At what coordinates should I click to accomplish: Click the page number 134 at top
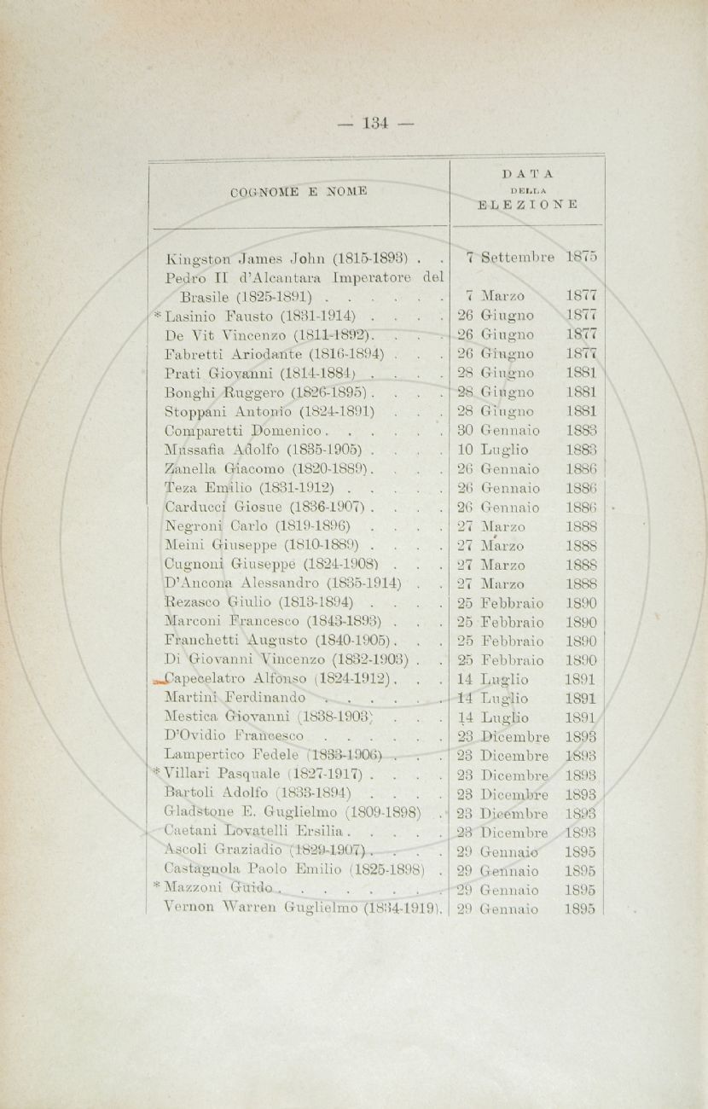click(375, 124)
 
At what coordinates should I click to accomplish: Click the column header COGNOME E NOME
click(299, 191)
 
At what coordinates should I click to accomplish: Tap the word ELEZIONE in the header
click(527, 205)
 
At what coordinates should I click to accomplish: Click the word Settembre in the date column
click(518, 256)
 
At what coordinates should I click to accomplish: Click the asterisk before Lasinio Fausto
click(157, 314)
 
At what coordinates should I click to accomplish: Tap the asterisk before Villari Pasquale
click(157, 774)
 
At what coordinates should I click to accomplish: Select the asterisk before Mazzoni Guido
click(157, 888)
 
